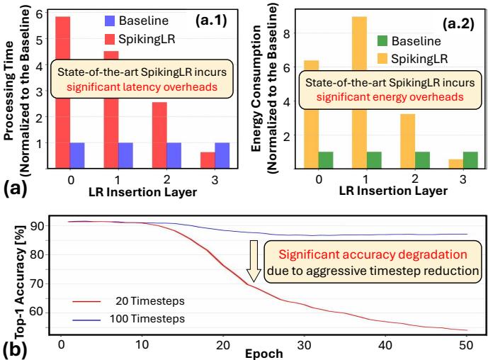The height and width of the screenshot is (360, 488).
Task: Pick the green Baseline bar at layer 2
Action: point(422,160)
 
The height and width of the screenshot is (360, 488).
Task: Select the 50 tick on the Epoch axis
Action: point(467,344)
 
